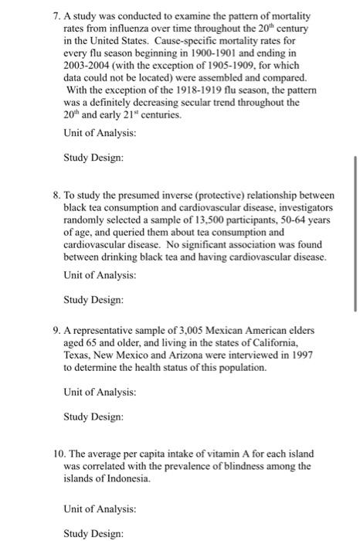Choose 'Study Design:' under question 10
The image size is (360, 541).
[93, 533]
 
